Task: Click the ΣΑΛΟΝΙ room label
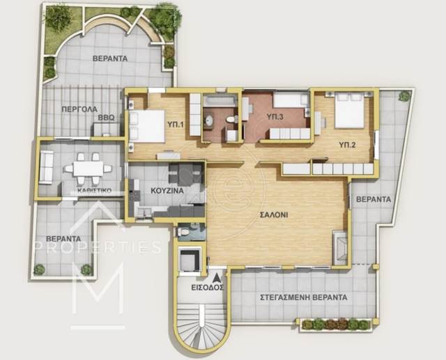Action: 274,214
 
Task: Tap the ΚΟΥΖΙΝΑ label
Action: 167,191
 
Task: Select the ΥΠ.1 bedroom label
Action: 175,124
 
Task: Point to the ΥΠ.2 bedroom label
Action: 347,145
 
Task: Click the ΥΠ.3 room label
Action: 275,116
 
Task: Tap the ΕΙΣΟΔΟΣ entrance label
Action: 207,288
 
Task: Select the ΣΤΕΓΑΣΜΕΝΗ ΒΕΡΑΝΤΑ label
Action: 304,297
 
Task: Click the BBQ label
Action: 107,118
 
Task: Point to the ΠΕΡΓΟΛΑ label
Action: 79,109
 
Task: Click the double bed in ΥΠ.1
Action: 147,126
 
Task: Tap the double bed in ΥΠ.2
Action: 349,111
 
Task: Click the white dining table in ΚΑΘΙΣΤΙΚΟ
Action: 88,169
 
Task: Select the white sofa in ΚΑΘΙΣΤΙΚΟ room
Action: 47,167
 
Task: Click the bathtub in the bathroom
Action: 220,101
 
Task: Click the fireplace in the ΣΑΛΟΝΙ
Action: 340,248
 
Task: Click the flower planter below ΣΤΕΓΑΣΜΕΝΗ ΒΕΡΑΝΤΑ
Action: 335,324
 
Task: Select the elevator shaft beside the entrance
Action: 190,260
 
